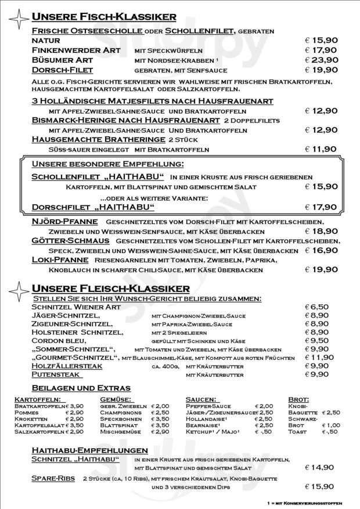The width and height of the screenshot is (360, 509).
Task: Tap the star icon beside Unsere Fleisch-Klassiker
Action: click(x=18, y=290)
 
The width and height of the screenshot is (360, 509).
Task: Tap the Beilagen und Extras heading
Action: click(x=80, y=388)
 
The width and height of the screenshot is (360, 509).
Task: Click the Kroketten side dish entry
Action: click(x=31, y=418)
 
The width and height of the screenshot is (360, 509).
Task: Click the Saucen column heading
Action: click(x=200, y=399)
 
